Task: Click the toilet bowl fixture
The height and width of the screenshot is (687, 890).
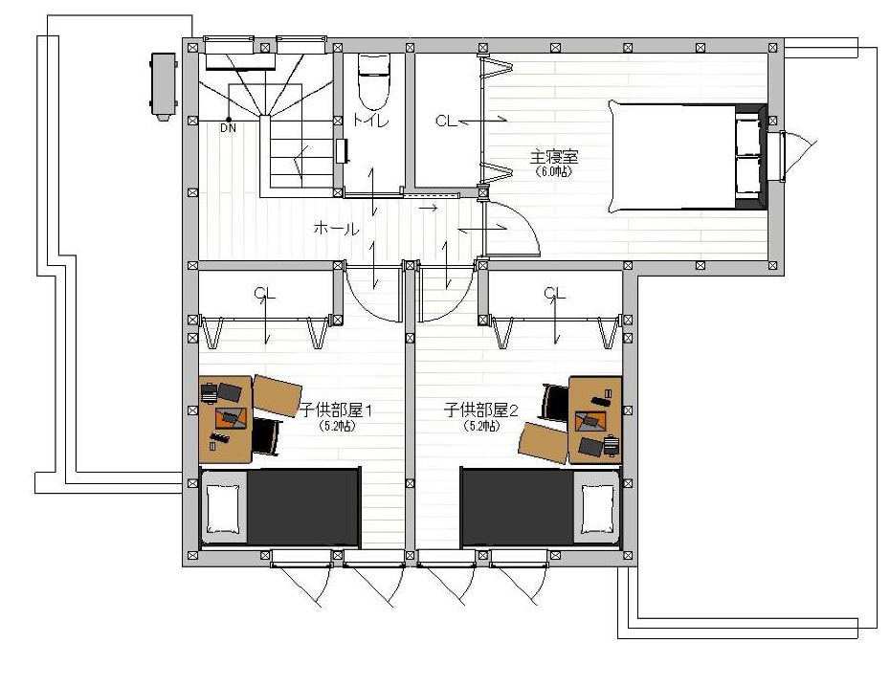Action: tap(374, 81)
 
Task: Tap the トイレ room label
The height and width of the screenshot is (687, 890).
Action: tap(370, 121)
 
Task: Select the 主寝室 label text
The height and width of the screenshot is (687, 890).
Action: tap(554, 156)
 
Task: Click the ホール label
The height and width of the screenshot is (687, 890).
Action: tap(336, 229)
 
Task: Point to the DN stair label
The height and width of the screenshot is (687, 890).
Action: tap(228, 128)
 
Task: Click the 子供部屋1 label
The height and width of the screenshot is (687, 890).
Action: tap(336, 410)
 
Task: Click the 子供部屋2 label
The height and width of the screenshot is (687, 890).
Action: tap(481, 410)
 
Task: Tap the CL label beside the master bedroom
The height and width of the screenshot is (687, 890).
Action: tap(446, 121)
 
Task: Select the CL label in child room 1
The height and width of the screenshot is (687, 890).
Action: tap(264, 294)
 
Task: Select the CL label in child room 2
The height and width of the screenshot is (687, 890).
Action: tap(554, 294)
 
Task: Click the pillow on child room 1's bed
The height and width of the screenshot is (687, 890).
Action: tap(222, 509)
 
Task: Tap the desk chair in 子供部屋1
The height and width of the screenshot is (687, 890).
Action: tap(266, 435)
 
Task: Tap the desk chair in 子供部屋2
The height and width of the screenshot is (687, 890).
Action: tap(555, 403)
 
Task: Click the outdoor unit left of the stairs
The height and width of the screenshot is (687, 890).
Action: tap(164, 86)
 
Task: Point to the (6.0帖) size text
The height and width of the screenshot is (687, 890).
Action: tap(554, 171)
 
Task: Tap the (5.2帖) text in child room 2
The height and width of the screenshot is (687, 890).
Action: tap(482, 426)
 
